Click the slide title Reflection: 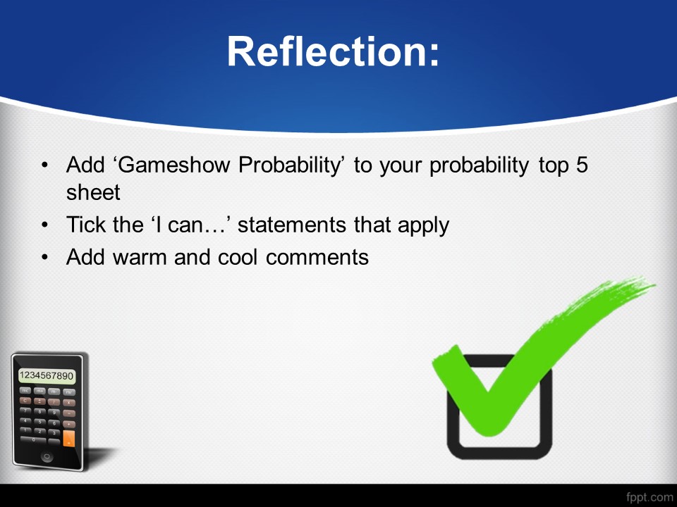(333, 51)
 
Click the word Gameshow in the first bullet (173, 165)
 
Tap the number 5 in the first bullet (582, 165)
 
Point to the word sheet (93, 192)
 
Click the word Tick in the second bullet (85, 224)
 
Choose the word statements (292, 225)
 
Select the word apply (423, 225)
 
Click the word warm (140, 258)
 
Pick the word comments (317, 258)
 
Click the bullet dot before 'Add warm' (45, 258)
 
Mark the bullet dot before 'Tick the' (45, 225)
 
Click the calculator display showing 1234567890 (47, 375)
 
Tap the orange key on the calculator (68, 438)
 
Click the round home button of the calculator (47, 456)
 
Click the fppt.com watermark (649, 497)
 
